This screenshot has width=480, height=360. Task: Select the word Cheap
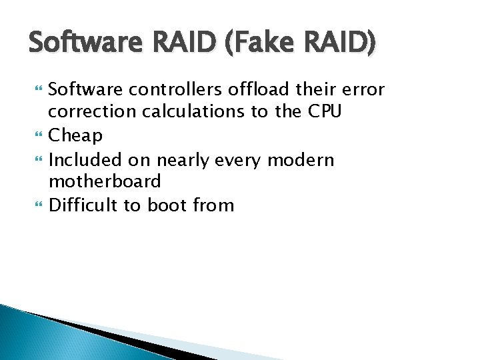(76, 136)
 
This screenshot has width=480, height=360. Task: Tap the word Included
(86, 159)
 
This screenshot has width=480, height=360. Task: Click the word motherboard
(105, 181)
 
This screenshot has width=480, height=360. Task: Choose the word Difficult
(85, 205)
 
